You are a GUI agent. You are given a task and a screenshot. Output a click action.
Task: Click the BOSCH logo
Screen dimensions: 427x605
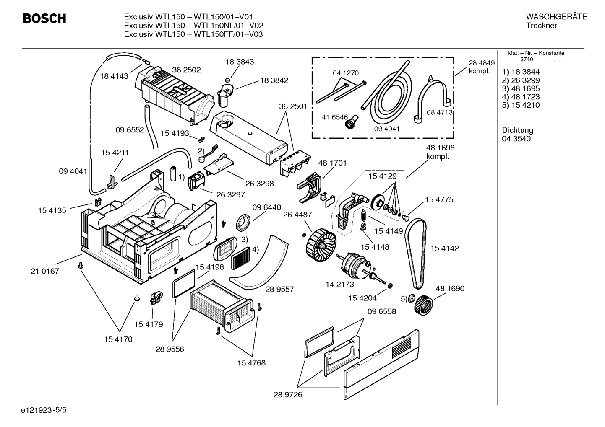coord(44,19)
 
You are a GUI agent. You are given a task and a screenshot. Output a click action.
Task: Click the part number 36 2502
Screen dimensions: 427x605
coord(186,70)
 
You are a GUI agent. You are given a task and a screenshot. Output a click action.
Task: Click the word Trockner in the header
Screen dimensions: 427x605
coord(541,26)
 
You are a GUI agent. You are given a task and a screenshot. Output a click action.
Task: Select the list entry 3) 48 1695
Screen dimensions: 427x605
coord(521,88)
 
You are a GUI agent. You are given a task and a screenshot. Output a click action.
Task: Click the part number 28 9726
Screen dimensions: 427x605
coord(288,394)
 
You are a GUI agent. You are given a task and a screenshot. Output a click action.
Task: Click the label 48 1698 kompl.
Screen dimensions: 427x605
coord(440,152)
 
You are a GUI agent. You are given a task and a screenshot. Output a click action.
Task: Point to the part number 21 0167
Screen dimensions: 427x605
coord(45,271)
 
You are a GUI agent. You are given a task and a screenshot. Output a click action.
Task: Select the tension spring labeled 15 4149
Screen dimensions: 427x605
coord(364,216)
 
